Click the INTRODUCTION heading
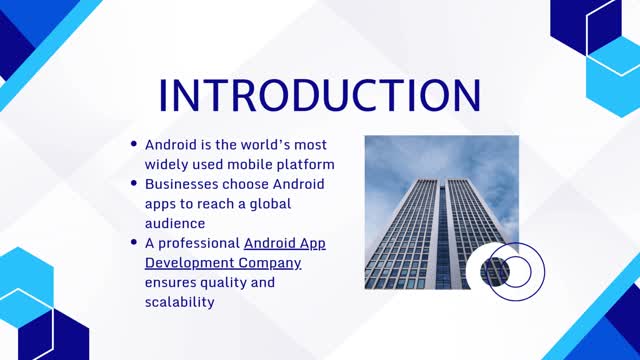click(x=320, y=95)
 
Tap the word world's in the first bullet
click(x=262, y=144)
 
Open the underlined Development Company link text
click(x=223, y=262)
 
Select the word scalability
click(x=180, y=301)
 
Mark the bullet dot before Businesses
click(x=134, y=185)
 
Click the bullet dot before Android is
click(x=134, y=145)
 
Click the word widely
click(x=168, y=164)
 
